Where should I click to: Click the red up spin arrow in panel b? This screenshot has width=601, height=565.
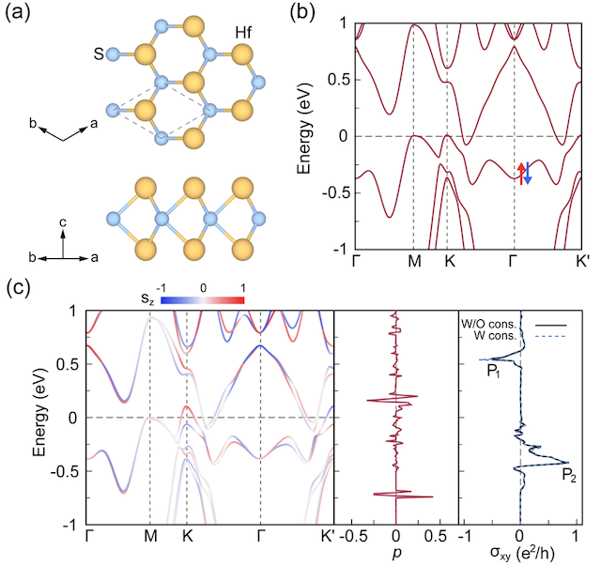pyautogui.click(x=522, y=172)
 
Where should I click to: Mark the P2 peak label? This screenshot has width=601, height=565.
pyautogui.click(x=569, y=477)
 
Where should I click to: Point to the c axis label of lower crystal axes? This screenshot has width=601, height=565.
pyautogui.click(x=62, y=221)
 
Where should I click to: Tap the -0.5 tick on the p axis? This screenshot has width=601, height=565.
pyautogui.click(x=352, y=537)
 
